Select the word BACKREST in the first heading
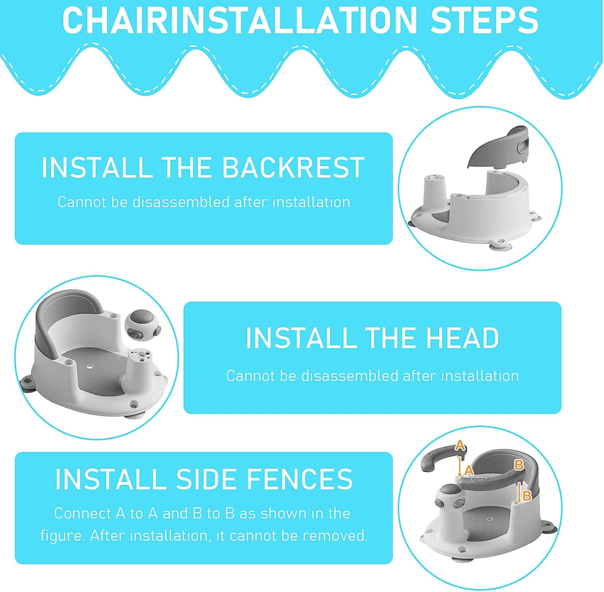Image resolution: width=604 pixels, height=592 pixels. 293,168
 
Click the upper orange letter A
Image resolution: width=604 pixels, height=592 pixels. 460,446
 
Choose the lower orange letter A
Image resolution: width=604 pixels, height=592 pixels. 469,470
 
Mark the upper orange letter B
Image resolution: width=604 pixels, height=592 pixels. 519,465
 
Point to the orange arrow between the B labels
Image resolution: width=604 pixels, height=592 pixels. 519,492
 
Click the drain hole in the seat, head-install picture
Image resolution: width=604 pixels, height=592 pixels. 89,367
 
